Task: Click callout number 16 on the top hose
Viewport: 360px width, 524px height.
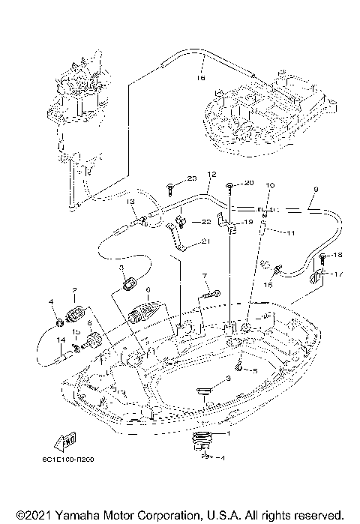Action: pyautogui.click(x=201, y=76)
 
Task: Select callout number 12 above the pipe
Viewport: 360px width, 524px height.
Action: pyautogui.click(x=211, y=174)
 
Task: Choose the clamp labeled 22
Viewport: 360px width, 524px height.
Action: pyautogui.click(x=181, y=222)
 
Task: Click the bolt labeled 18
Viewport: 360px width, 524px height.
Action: pyautogui.click(x=322, y=259)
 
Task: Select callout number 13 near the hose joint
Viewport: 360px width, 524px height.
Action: pyautogui.click(x=130, y=202)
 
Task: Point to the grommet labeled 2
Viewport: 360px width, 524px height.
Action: pyautogui.click(x=75, y=313)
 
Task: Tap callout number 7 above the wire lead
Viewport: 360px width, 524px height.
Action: pyautogui.click(x=203, y=277)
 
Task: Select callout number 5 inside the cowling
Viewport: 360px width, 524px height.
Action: pyautogui.click(x=255, y=371)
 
